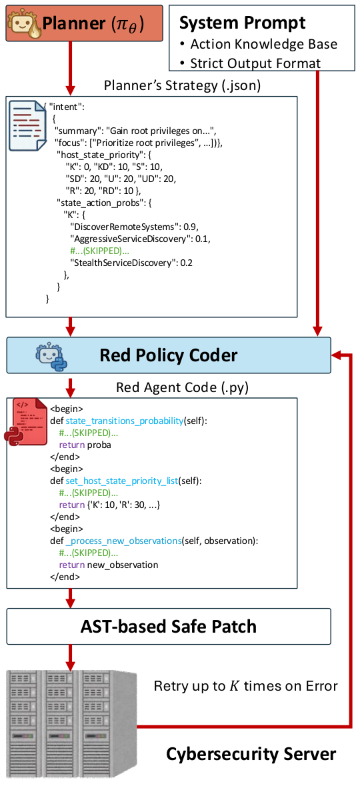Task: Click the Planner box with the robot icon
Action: tap(84, 23)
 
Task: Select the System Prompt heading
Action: tap(242, 23)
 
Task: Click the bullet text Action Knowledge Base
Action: tap(263, 44)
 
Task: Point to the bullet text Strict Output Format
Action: tap(255, 63)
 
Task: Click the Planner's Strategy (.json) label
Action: tap(182, 86)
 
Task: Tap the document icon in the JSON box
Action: tap(28, 126)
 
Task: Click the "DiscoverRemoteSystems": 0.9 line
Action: tap(134, 227)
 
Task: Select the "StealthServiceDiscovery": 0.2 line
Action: tap(131, 263)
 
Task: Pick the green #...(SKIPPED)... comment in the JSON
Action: tap(99, 251)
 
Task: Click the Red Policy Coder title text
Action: tap(168, 355)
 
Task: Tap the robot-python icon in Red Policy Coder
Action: tap(51, 357)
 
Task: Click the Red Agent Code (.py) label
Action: tap(182, 387)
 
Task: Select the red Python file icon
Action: tap(26, 422)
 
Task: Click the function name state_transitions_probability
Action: tap(125, 421)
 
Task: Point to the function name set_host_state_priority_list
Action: tap(122, 481)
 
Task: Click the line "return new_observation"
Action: tap(109, 565)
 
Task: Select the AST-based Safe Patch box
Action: tap(169, 627)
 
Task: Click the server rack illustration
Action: tap(71, 723)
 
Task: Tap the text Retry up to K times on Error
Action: tap(246, 686)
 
